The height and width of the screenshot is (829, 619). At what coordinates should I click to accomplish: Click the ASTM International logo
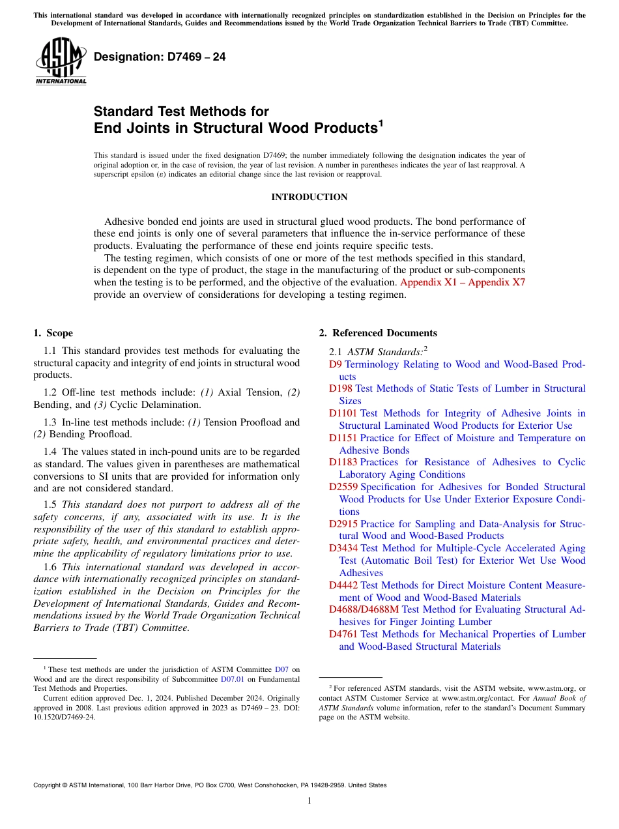[61, 61]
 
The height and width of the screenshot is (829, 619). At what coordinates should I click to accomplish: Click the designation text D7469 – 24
[160, 57]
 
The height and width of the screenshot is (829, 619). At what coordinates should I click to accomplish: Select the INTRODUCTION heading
[309, 197]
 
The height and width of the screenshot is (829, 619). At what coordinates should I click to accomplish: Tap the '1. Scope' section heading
[53, 333]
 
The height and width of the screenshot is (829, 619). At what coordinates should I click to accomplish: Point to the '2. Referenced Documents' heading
[378, 333]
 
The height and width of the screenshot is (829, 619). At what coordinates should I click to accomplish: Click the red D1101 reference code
[343, 413]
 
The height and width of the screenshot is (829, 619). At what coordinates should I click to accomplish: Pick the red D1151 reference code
[343, 438]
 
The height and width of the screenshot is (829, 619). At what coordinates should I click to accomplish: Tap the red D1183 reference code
[343, 462]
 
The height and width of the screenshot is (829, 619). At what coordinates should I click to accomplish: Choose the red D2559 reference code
[343, 487]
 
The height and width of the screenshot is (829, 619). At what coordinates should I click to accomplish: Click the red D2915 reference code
[343, 524]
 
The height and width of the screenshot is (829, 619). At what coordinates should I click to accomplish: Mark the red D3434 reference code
[343, 548]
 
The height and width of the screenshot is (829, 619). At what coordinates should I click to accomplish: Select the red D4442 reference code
[343, 585]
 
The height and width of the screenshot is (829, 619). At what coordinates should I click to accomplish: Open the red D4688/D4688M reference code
[364, 609]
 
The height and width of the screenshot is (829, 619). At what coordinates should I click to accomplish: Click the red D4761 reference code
[343, 634]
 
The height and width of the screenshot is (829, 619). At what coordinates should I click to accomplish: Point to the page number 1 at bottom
[309, 800]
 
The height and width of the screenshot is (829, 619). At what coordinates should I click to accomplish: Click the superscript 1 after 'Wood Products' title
[381, 123]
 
